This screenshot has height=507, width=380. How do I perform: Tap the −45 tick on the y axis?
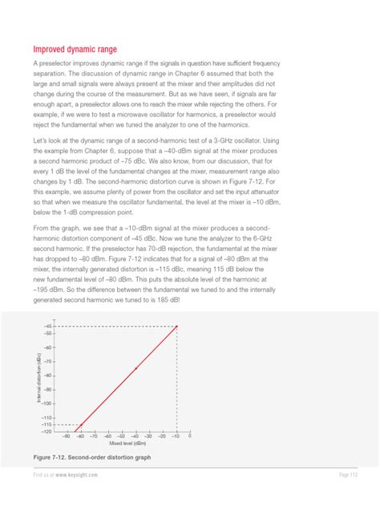(x=48, y=327)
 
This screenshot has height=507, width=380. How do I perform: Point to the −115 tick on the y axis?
(x=46, y=424)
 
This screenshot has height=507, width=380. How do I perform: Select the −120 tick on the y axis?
(x=46, y=432)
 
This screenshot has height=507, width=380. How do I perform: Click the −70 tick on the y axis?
(x=48, y=362)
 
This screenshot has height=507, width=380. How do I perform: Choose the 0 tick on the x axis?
(x=190, y=437)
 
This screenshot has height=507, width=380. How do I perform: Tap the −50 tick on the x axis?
(x=121, y=437)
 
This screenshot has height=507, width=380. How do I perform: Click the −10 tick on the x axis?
(x=176, y=437)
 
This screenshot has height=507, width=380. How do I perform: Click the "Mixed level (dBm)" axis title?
(x=127, y=444)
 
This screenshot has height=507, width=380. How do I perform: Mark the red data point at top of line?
(x=176, y=327)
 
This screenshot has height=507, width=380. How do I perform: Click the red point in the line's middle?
(x=135, y=368)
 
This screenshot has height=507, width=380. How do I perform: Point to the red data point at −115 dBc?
(x=80, y=424)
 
